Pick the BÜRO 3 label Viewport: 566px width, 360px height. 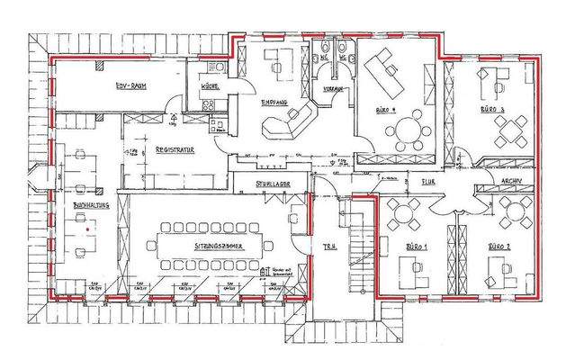[491, 108]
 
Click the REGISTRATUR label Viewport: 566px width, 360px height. [176, 149]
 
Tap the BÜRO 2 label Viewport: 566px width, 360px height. [500, 246]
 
